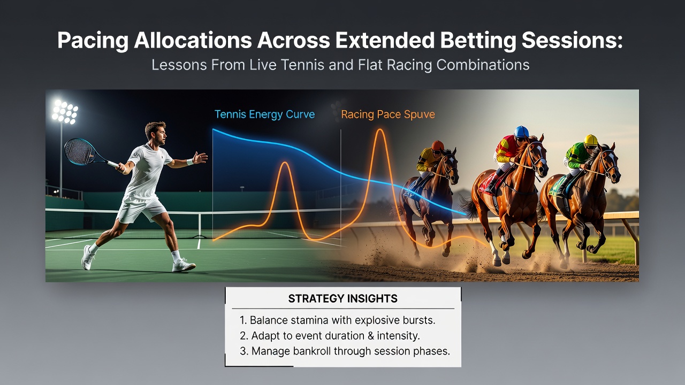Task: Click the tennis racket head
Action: coord(80,151)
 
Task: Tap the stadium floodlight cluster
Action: coord(65,112)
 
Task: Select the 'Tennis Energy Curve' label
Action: coord(264,114)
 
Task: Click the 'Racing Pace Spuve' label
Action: coord(388,114)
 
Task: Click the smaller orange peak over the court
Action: coord(285,163)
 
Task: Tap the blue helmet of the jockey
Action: coord(521,132)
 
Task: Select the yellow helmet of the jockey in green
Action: coord(590,140)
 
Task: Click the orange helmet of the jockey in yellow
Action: coord(438,145)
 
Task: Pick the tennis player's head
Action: coord(156,133)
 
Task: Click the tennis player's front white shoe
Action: coord(184,265)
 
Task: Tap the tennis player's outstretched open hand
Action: coord(200,158)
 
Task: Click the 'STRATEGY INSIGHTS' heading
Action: coord(343,298)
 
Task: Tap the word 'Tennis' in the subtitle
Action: coord(303,65)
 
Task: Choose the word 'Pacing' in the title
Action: coord(93,41)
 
